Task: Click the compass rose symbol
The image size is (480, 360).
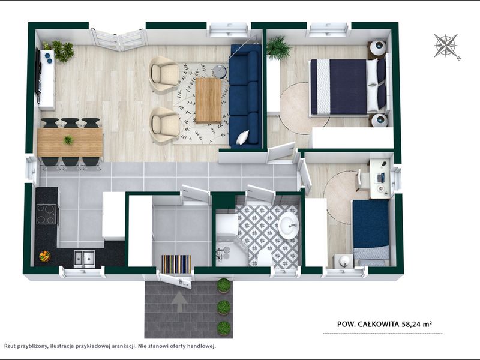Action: point(446,46)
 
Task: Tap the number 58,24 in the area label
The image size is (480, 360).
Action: point(411,324)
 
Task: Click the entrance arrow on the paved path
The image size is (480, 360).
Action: point(179,302)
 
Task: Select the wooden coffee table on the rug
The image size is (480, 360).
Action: point(208,100)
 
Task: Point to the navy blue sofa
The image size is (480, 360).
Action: point(245,96)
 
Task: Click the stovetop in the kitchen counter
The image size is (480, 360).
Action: point(46,214)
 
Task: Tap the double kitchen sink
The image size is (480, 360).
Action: point(84,259)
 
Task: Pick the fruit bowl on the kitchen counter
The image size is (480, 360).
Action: point(44,256)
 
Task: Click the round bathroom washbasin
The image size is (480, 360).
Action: point(288,226)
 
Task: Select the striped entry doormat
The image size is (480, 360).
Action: point(176,264)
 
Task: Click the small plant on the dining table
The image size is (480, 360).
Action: point(68,140)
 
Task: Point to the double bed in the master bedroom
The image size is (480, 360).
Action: point(348,87)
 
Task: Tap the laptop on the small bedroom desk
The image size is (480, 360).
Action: point(381,178)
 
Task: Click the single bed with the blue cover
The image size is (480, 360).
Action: point(371,233)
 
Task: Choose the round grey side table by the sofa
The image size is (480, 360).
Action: point(219,72)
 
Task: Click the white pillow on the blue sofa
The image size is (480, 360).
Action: point(243,137)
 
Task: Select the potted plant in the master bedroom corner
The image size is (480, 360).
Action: point(278,48)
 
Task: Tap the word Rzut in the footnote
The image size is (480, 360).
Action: point(10,346)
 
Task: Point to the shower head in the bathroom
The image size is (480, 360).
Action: point(226,250)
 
